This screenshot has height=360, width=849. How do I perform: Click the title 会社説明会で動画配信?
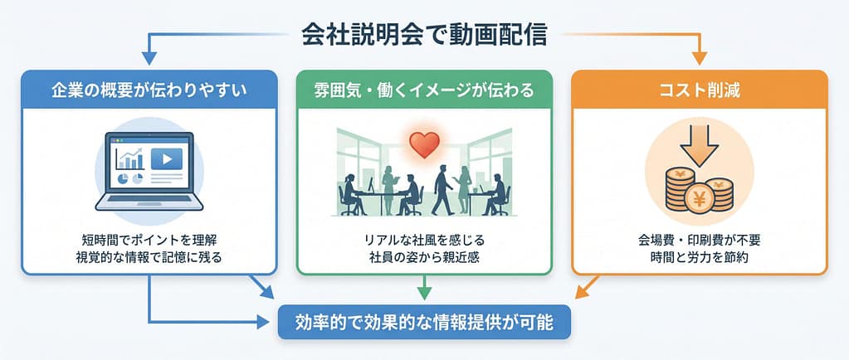tap(424, 35)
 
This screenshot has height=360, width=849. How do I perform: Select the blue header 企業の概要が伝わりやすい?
tap(149, 90)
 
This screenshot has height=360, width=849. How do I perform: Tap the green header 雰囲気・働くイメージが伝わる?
tap(424, 90)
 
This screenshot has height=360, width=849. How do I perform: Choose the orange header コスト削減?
tap(700, 90)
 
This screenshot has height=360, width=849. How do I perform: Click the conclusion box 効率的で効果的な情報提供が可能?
tap(424, 324)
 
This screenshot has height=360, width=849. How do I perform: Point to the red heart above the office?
tap(425, 145)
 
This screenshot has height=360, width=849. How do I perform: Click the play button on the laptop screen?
tap(167, 159)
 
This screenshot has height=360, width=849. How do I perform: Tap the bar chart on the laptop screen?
tap(130, 158)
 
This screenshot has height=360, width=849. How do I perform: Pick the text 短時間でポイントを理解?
tap(149, 239)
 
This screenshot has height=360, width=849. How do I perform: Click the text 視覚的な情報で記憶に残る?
tap(149, 257)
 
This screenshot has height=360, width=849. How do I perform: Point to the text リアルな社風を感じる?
tap(425, 239)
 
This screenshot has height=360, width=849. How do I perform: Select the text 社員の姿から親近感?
tap(425, 257)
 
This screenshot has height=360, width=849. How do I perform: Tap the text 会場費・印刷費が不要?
tap(700, 239)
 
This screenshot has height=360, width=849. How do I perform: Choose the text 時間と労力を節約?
tap(700, 257)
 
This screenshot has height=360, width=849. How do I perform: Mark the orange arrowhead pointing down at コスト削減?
tap(700, 57)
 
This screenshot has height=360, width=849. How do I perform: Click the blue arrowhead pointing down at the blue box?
tap(149, 57)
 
